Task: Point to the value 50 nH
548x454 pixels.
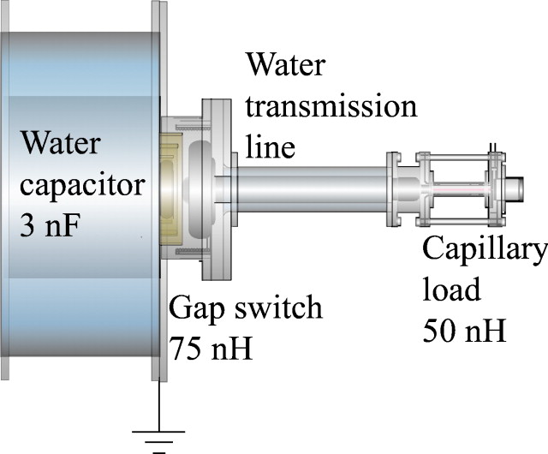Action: (x=464, y=329)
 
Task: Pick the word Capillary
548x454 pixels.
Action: (x=484, y=251)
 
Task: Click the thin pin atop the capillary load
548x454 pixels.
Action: (x=492, y=148)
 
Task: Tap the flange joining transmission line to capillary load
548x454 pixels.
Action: (x=395, y=189)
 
